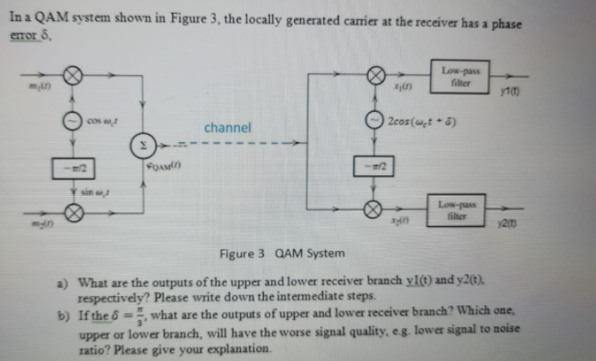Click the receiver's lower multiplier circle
tap(374, 209)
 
